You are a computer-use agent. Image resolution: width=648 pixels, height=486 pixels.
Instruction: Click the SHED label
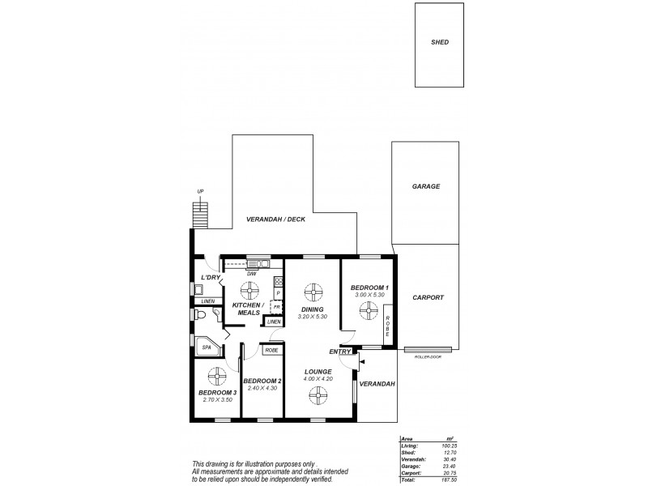[x=440, y=42]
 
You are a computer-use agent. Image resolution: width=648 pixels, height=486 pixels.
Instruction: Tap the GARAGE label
[x=425, y=186]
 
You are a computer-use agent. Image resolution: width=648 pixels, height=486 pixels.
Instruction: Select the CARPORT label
[x=427, y=298]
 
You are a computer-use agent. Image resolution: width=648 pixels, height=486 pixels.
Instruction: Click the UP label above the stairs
[x=199, y=192]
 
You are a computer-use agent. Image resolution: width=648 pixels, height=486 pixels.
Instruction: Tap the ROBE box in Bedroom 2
[x=271, y=350]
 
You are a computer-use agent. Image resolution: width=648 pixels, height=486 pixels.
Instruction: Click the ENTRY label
[x=339, y=352]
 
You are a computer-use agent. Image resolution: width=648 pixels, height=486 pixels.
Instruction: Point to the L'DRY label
[x=211, y=278]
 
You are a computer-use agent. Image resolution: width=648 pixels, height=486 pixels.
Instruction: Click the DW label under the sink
[x=252, y=274]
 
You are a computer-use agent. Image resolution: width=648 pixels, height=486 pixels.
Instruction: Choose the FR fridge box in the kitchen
[x=276, y=307]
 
